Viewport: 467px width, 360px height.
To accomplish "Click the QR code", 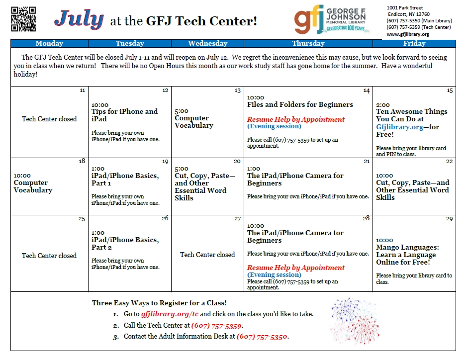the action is click(23, 19).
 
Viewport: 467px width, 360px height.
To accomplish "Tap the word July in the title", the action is click(79, 19).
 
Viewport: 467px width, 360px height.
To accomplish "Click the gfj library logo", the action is click(331, 19).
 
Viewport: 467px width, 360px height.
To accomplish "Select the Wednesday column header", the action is click(207, 43).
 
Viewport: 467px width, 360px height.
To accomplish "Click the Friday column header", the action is click(414, 43).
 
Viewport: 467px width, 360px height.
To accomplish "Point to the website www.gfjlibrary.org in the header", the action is click(408, 34).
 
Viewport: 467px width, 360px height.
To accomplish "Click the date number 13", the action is click(237, 90).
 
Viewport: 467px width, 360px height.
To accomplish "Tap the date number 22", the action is click(449, 162).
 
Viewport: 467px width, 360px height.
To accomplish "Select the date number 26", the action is click(165, 218).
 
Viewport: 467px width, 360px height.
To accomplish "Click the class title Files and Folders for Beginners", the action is click(300, 104).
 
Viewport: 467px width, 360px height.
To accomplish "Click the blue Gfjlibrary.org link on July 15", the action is click(399, 127).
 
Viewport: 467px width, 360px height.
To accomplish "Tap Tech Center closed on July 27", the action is click(207, 255).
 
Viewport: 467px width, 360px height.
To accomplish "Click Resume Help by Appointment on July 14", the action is click(296, 119).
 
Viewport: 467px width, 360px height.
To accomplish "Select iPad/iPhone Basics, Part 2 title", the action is click(125, 244).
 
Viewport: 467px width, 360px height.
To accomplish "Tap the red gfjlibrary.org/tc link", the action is click(170, 314).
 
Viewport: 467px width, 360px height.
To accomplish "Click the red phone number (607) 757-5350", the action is click(262, 337).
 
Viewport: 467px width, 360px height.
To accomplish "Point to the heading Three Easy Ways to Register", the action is click(159, 303).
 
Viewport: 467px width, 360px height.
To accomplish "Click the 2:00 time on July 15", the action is click(383, 105).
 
